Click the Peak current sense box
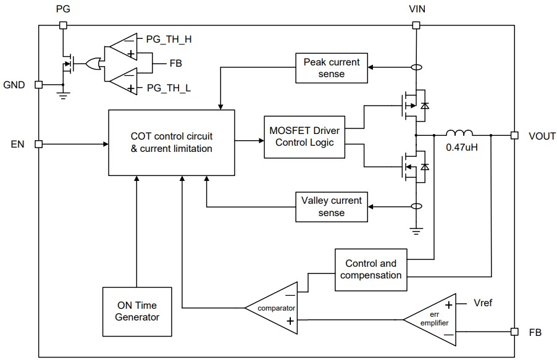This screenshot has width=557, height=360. click(332, 68)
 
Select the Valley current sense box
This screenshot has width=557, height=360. click(332, 206)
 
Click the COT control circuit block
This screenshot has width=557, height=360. click(172, 142)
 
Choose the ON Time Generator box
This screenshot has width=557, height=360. click(136, 311)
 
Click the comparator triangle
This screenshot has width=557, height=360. click(272, 306)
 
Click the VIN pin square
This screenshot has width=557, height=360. click(416, 25)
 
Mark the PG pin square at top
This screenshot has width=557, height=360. click(62, 25)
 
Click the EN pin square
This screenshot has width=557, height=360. click(38, 144)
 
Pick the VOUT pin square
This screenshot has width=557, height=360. click(514, 135)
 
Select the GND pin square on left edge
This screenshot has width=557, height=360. click(38, 85)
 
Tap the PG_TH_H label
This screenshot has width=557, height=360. click(168, 39)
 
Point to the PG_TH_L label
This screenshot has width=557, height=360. click(168, 89)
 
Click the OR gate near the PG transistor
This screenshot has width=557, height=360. click(94, 64)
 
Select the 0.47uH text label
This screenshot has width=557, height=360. click(459, 149)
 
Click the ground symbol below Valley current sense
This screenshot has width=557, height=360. click(416, 230)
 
